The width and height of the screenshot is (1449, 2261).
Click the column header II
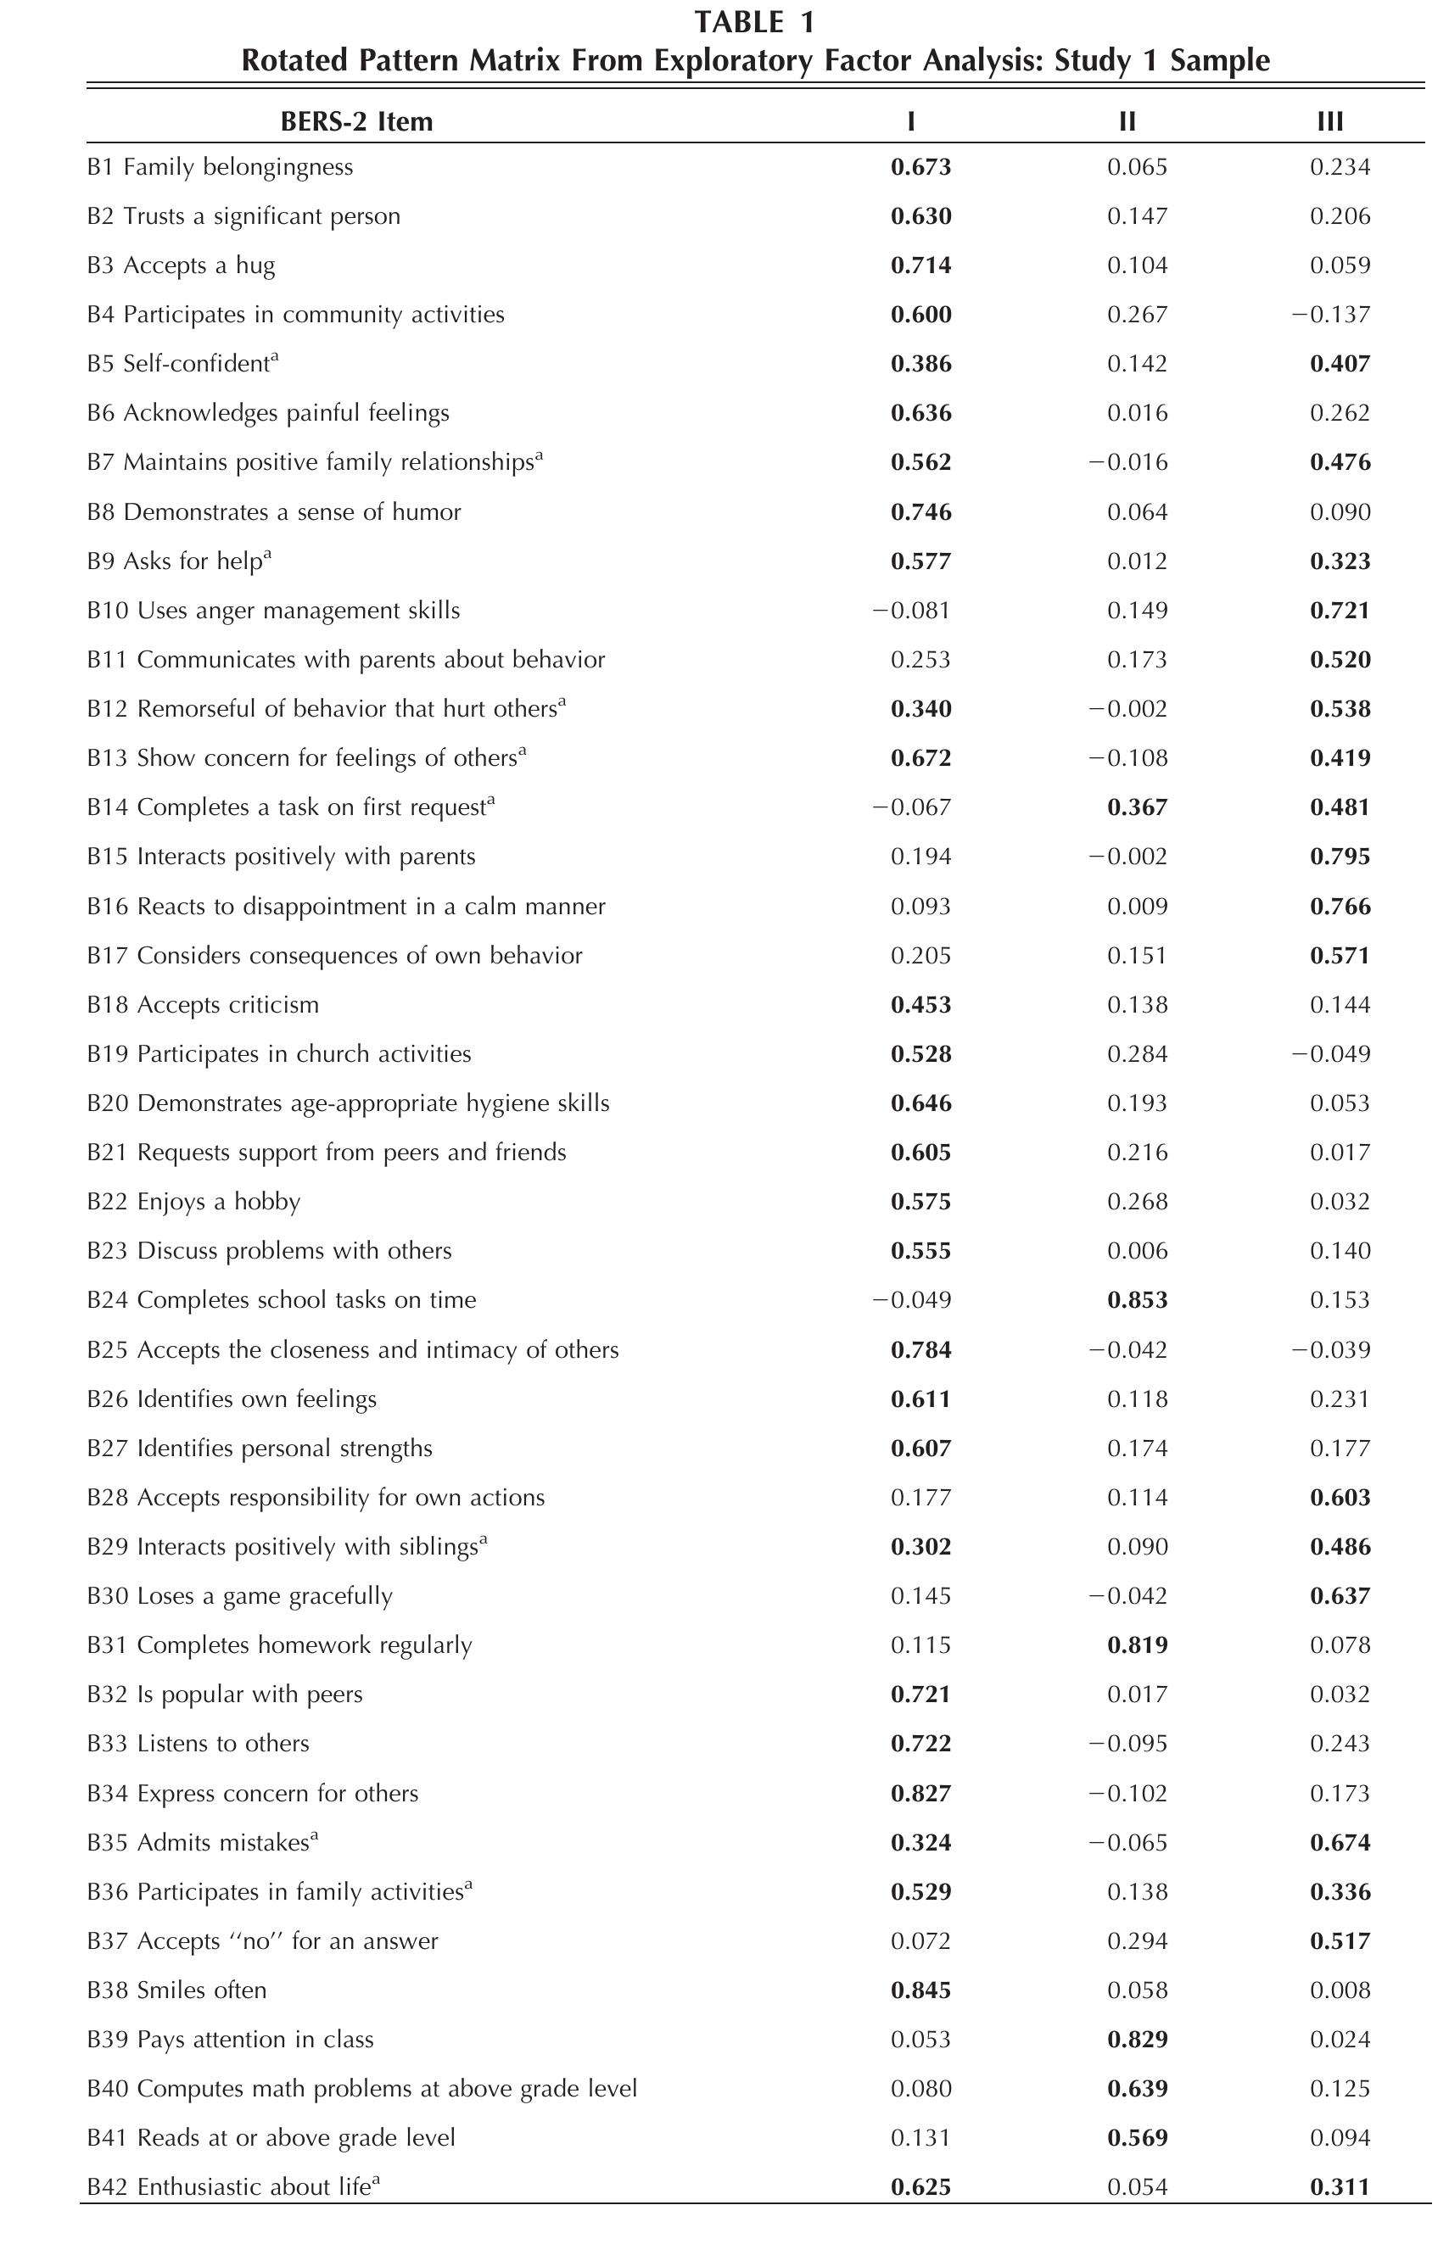click(1127, 121)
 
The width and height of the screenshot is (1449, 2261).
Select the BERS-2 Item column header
click(356, 121)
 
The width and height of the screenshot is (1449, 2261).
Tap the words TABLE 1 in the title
click(754, 22)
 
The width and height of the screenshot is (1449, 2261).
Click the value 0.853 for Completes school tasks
click(1137, 1301)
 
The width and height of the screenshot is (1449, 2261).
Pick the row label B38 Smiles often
click(177, 1990)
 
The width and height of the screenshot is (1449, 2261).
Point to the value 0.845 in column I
click(920, 1990)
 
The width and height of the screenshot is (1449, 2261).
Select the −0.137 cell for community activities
click(1329, 314)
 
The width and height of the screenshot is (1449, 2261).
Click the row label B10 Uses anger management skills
click(273, 611)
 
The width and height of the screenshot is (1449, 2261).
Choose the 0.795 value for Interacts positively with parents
click(1340, 857)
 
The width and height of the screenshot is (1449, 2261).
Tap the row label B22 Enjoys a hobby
click(193, 1202)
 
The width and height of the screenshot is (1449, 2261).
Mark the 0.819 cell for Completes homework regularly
click(1137, 1645)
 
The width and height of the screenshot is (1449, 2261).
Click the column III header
click(1329, 121)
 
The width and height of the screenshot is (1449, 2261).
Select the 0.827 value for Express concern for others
click(920, 1794)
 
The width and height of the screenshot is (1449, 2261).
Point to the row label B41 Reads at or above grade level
click(271, 2138)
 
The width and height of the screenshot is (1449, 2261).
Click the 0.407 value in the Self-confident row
click(1340, 364)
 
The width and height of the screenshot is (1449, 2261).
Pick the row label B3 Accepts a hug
click(181, 265)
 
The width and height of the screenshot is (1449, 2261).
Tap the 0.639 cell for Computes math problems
click(1137, 2089)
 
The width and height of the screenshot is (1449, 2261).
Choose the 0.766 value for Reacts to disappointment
click(1340, 907)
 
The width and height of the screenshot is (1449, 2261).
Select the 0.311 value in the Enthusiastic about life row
click(1340, 2187)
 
